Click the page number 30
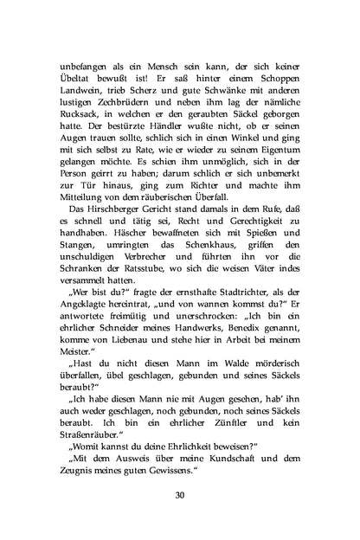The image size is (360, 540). click(x=180, y=494)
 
